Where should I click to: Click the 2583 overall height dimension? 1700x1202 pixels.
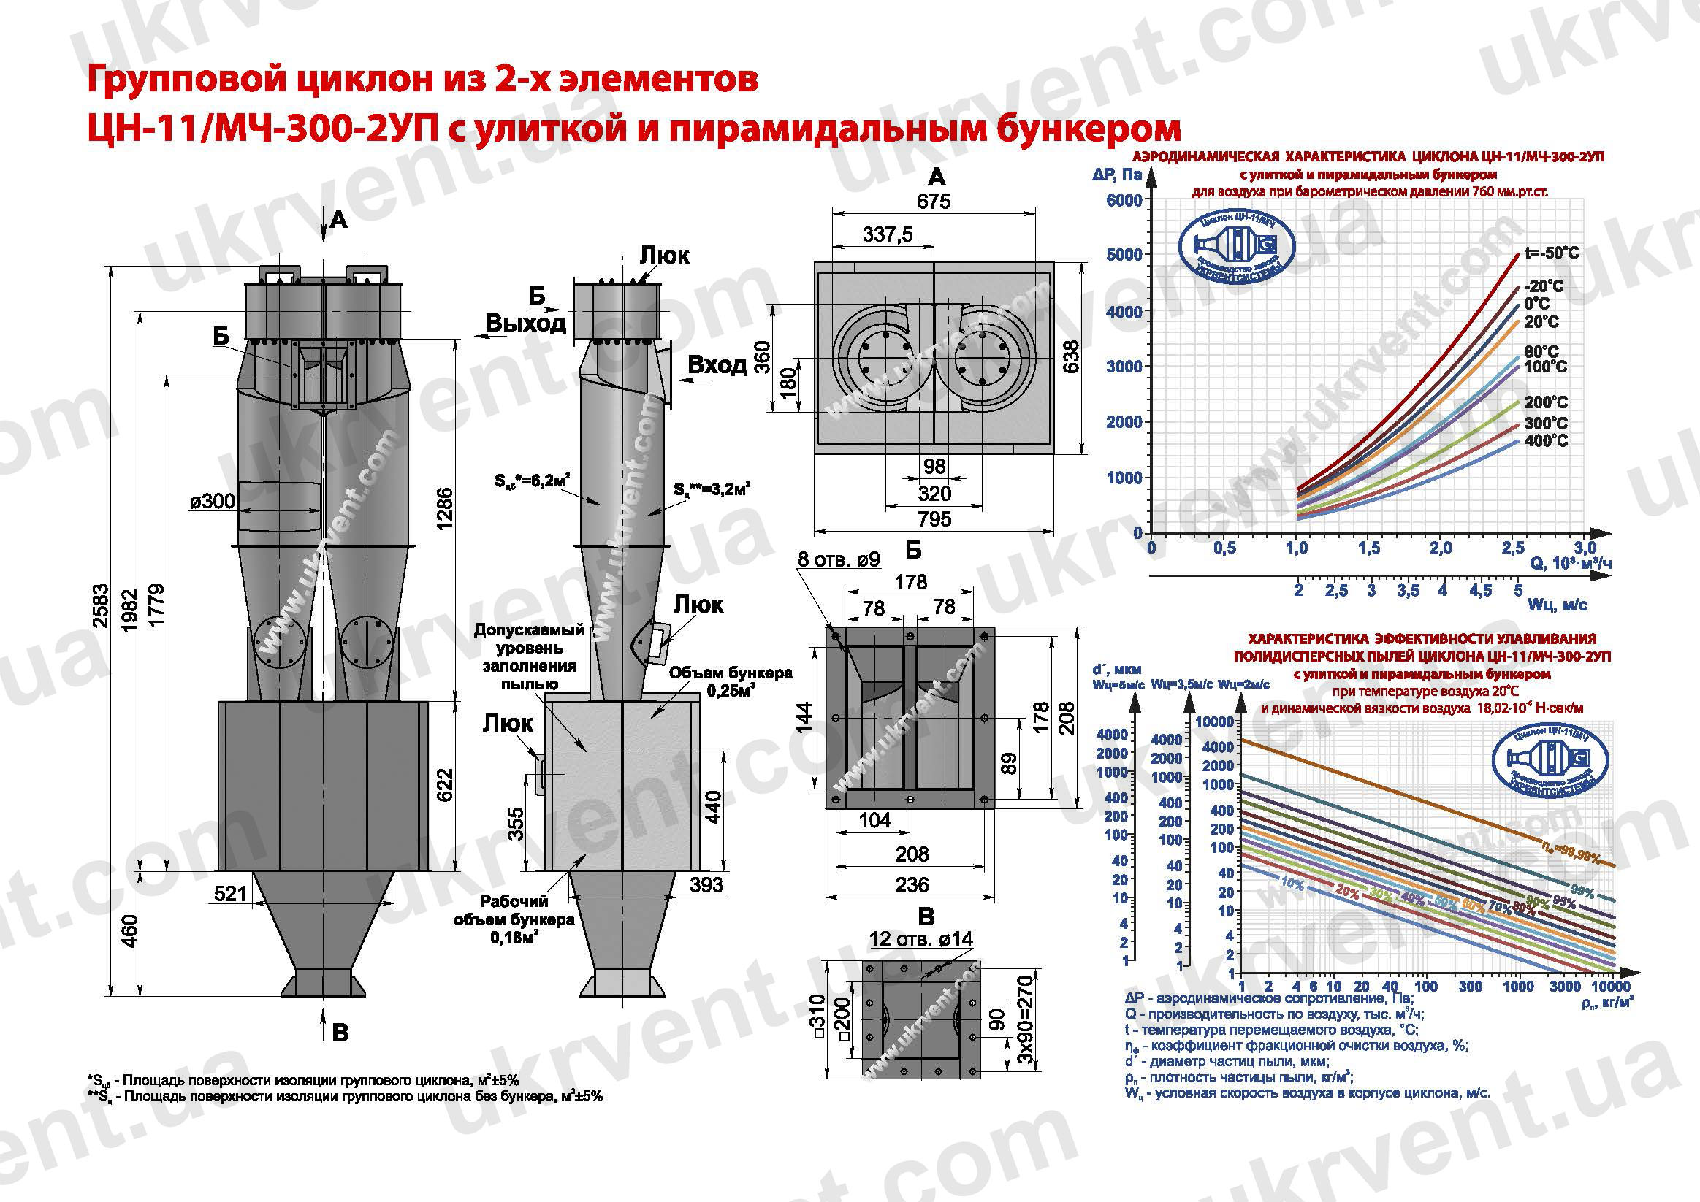click(102, 606)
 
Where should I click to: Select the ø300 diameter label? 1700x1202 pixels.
click(212, 502)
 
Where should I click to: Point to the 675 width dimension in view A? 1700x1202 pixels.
click(933, 202)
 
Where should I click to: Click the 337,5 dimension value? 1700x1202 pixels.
click(887, 234)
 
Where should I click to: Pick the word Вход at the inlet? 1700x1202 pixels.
click(717, 365)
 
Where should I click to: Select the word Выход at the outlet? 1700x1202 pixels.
click(525, 324)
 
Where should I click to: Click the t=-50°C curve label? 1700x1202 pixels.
click(1551, 253)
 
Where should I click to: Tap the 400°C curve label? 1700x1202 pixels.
click(1545, 441)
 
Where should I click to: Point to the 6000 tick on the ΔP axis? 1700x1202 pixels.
click(1124, 201)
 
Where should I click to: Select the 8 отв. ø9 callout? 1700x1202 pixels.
click(838, 559)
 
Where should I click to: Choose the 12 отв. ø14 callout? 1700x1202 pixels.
click(920, 939)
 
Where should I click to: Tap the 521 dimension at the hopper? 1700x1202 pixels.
click(230, 893)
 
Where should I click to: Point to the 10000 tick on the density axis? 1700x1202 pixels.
click(1610, 987)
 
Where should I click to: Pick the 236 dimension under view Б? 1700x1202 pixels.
click(912, 884)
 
